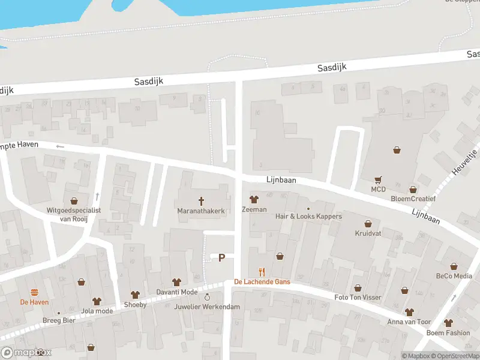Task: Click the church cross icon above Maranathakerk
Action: pos(201,201)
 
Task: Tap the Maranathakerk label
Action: pos(201,211)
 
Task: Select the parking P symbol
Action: pos(221,257)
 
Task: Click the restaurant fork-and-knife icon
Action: pos(262,271)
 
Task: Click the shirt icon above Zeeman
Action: pos(253,200)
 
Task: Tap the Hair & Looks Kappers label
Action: pos(308,217)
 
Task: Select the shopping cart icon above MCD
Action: pos(378,179)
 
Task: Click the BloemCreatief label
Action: pos(413,199)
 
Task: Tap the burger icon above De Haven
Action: pos(34,292)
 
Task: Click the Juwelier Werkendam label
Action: pos(207,307)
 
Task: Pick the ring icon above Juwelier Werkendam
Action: pos(207,297)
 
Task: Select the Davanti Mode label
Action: pos(176,292)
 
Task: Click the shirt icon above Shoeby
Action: pos(135,294)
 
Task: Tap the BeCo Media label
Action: pos(454,276)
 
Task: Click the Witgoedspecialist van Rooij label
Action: pos(74,215)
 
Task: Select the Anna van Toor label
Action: pos(409,322)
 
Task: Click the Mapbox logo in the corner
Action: pos(26,353)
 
